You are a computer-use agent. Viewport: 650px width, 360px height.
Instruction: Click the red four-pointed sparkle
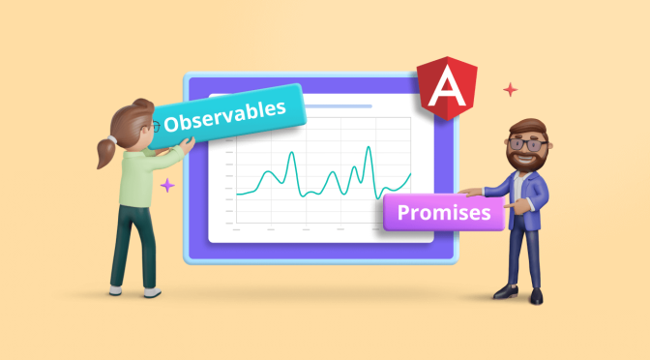[510, 90]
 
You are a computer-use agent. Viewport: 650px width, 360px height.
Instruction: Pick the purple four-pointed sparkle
[167, 184]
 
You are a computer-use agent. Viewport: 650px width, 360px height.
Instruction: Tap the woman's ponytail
[103, 151]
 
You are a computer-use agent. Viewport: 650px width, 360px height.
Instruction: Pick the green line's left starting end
[237, 194]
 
